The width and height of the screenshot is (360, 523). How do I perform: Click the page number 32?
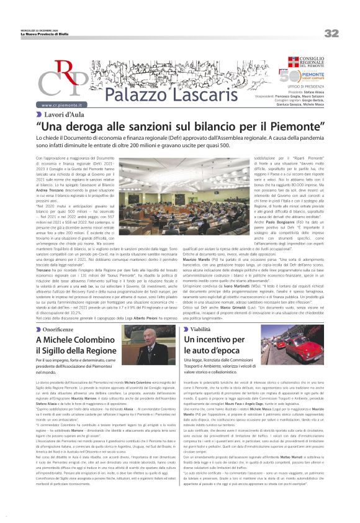[331, 33]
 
